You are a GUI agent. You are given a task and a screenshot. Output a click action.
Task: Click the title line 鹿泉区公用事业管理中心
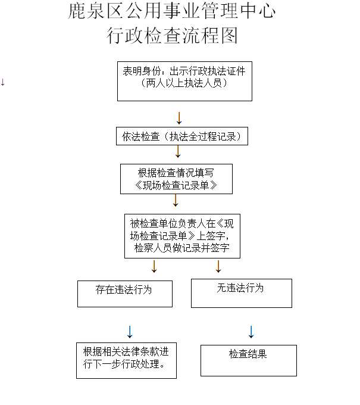pos(172,11)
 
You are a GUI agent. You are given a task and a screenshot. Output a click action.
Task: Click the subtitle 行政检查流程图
pos(172,36)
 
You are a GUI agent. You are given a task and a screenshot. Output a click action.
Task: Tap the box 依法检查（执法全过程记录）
pos(181,136)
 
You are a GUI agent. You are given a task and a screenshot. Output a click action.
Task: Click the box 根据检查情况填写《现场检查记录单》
pos(176,179)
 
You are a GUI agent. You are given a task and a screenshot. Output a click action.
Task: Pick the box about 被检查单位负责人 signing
pos(182,236)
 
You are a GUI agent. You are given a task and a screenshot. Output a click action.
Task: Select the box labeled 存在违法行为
pos(124,293)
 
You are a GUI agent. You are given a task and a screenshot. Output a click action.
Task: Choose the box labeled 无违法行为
pos(241,293)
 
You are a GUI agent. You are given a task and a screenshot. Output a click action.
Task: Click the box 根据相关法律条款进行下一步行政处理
pos(126,360)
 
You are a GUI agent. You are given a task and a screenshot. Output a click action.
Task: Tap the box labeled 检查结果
pos(248,359)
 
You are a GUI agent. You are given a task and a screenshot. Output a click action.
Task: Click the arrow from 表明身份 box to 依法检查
pos(179,116)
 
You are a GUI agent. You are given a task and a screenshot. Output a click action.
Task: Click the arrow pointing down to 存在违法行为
pos(154,266)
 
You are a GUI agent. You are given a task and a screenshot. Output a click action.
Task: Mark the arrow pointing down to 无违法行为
pos(218,266)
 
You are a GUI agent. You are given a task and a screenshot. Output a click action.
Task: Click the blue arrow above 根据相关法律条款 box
pos(130,332)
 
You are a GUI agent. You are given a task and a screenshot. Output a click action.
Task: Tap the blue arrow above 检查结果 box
pos(251,332)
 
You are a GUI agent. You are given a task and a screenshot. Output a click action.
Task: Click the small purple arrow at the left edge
pos(3,82)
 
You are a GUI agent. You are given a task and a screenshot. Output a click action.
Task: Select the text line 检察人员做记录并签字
pos(182,248)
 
